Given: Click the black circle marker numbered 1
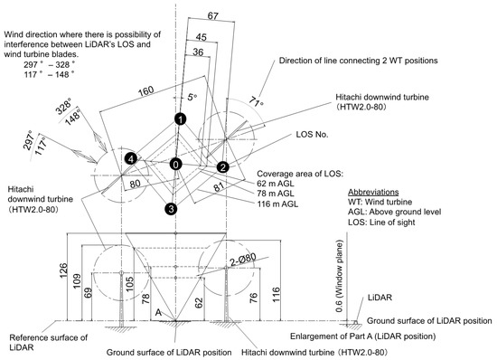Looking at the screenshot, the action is [x=181, y=119].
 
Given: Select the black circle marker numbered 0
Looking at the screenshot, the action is [x=176, y=165].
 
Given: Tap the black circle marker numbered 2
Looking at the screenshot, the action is [x=223, y=166].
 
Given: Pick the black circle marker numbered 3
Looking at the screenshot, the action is [x=171, y=209].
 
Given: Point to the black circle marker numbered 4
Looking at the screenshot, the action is [x=131, y=158].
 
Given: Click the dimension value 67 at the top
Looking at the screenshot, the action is [x=213, y=16].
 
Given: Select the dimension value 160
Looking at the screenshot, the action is [x=146, y=91].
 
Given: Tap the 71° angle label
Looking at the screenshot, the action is [x=256, y=102].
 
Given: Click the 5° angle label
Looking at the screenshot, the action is [x=192, y=97].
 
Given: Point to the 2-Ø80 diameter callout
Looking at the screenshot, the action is [x=243, y=260].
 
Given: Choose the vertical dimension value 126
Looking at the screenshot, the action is [x=63, y=270].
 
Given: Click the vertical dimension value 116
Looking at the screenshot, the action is [x=277, y=294].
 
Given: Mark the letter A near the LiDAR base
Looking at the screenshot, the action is [x=158, y=313].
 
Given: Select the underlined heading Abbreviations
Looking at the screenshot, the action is [x=373, y=193].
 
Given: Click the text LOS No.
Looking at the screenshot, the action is [x=312, y=135].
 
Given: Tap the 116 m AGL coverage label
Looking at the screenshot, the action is [x=277, y=204].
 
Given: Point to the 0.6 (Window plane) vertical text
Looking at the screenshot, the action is [x=339, y=276].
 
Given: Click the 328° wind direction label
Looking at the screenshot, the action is [x=63, y=106].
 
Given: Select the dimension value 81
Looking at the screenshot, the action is [x=219, y=186].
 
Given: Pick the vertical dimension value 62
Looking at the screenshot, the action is [x=199, y=302].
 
